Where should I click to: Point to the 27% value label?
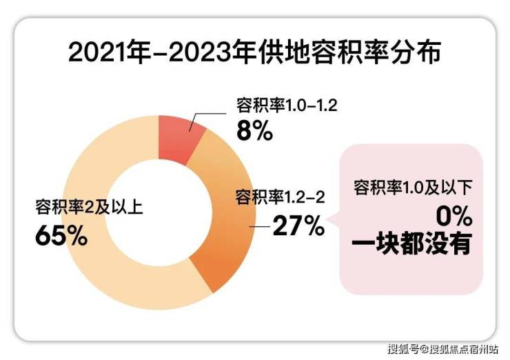click(x=298, y=225)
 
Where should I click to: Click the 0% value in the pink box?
click(x=453, y=218)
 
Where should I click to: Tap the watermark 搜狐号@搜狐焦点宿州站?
click(x=444, y=347)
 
